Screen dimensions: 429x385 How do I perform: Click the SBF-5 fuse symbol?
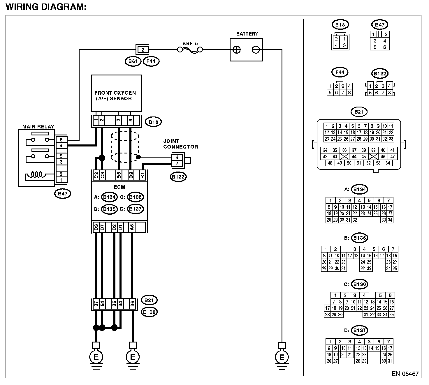coord(190,50)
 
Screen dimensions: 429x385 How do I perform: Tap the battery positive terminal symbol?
coord(237,50)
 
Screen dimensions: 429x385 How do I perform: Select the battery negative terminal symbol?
coord(256,50)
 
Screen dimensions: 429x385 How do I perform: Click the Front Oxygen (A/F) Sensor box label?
coord(115,96)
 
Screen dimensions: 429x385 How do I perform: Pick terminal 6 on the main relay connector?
coord(61,140)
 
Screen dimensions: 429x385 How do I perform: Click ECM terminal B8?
coord(119,175)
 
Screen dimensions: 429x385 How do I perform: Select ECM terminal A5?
coord(132,227)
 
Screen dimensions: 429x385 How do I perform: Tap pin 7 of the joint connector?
coord(177,163)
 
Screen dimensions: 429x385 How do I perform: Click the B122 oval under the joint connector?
coord(178,177)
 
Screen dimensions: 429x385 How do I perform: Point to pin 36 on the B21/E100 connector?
coord(132,304)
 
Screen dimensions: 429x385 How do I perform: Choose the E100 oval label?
coord(149,312)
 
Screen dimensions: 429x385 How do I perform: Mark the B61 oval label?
coord(133,61)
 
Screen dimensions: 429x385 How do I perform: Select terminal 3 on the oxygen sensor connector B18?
coord(118,120)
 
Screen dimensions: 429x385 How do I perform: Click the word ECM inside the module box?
coord(119,187)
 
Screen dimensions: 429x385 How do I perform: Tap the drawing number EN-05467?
coord(405,374)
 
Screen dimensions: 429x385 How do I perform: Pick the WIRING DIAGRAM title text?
coord(46,7)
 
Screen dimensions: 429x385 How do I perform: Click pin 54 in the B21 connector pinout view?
coord(388,163)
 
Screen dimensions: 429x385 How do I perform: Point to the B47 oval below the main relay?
coord(62,194)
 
